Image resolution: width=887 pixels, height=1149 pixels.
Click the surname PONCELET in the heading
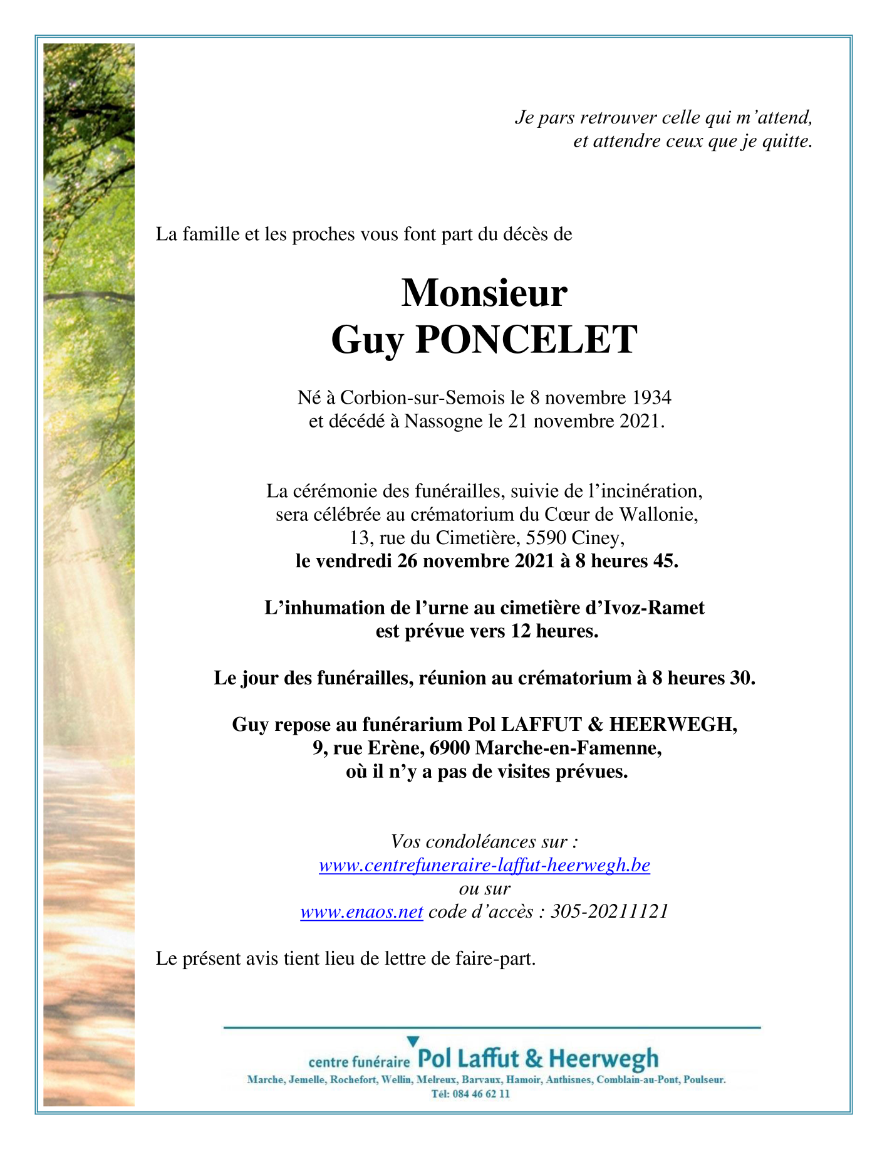point(526,340)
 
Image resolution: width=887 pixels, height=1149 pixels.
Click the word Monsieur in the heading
point(484,293)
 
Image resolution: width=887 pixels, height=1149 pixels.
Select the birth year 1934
point(651,397)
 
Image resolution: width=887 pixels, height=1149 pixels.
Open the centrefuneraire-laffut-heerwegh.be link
point(484,866)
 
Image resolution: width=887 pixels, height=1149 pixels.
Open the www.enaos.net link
point(362,911)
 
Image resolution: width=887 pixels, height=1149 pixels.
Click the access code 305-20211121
point(609,911)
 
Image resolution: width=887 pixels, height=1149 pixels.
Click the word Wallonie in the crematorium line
point(658,515)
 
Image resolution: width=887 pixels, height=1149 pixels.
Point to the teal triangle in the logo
point(412,1041)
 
